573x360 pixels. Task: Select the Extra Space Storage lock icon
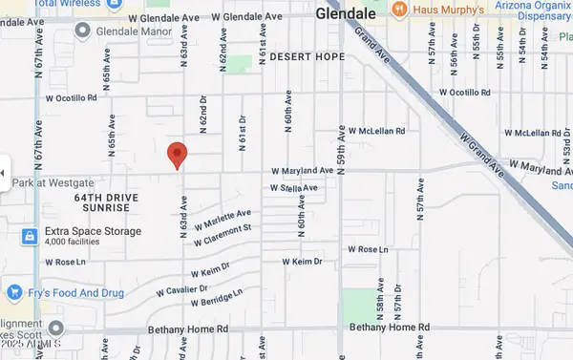31,235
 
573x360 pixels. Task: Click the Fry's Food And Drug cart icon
14,291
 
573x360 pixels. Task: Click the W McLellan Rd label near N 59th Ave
376,131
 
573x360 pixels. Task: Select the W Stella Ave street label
294,188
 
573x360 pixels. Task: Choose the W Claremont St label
222,235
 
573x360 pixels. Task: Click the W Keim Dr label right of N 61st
306,261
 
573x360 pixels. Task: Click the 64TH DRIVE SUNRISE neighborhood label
107,201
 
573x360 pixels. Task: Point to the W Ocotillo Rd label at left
73,96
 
